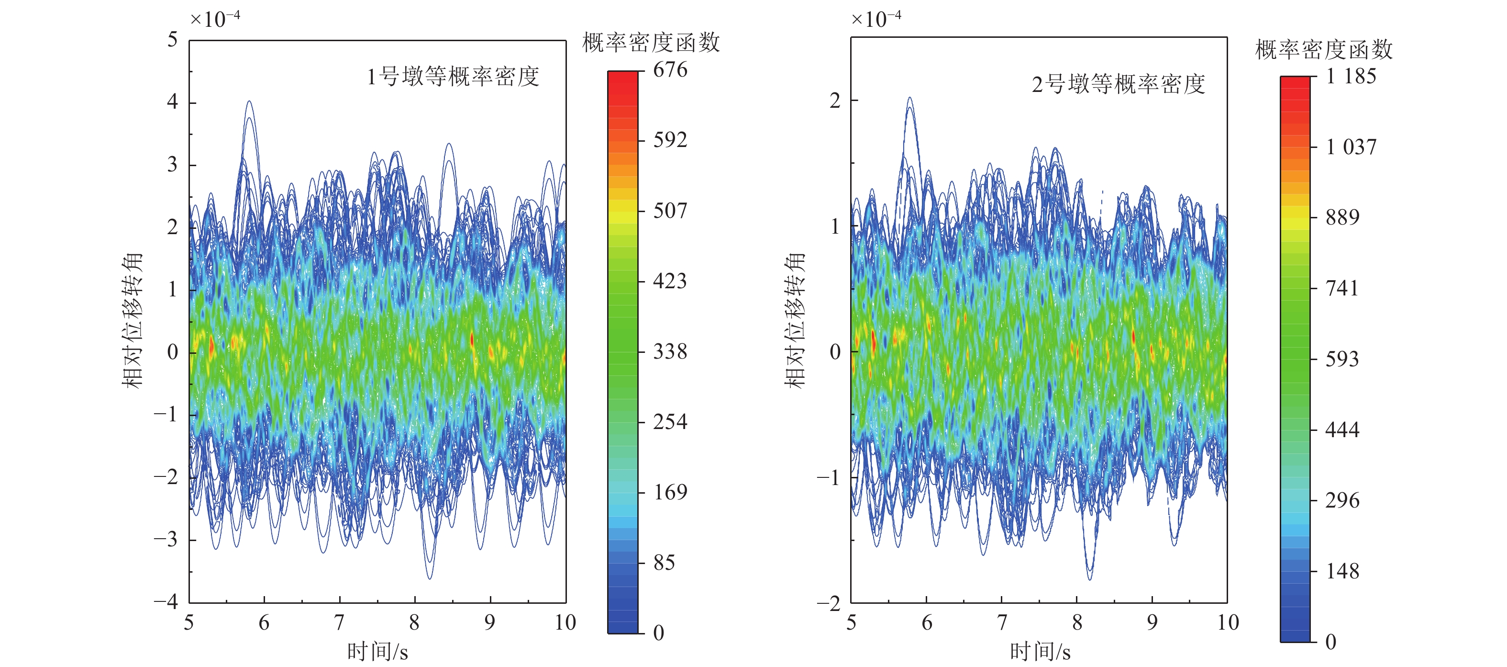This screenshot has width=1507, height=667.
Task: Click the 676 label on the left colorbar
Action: pyautogui.click(x=670, y=70)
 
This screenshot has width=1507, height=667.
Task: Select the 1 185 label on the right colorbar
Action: pyautogui.click(x=1351, y=76)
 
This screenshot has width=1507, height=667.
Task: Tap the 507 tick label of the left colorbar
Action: pyautogui.click(x=670, y=210)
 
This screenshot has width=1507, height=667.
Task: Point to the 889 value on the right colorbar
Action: pyautogui.click(x=1342, y=217)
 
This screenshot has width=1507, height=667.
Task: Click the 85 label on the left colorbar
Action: pyautogui.click(x=664, y=563)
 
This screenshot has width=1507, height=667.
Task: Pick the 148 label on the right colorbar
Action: pyautogui.click(x=1342, y=571)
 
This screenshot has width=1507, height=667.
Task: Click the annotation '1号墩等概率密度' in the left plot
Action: pyautogui.click(x=453, y=77)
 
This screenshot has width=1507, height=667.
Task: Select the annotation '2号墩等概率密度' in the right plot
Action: pyautogui.click(x=1118, y=84)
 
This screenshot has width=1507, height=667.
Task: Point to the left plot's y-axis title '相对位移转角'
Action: pyautogui.click(x=132, y=320)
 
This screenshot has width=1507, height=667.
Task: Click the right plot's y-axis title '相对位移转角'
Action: pyautogui.click(x=795, y=320)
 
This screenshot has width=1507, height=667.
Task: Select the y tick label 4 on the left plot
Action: pyautogui.click(x=172, y=102)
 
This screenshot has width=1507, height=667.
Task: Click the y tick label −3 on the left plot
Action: pyautogui.click(x=166, y=539)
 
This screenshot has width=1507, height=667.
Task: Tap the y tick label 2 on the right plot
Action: pyautogui.click(x=835, y=101)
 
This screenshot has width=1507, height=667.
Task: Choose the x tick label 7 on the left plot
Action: pyautogui.click(x=339, y=622)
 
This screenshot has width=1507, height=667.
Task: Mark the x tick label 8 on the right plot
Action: pyautogui.click(x=1077, y=622)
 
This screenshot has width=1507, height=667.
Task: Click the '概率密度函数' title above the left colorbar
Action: pyautogui.click(x=651, y=43)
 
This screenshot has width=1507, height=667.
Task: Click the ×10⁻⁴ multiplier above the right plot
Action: pyautogui.click(x=876, y=19)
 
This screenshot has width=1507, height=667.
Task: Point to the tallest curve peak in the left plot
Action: pyautogui.click(x=249, y=102)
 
